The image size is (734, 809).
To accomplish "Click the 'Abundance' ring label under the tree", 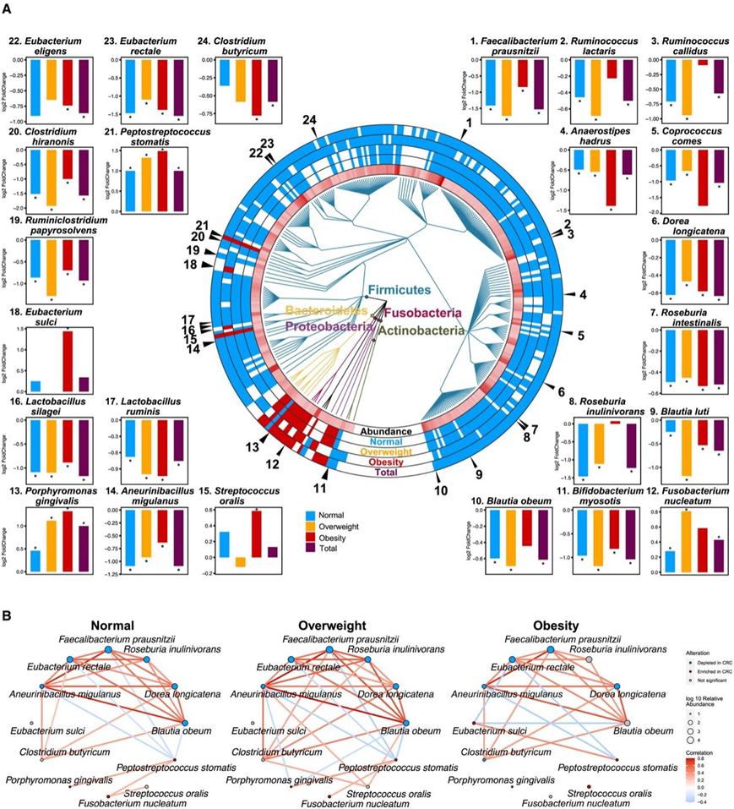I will pyautogui.click(x=384, y=432).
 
